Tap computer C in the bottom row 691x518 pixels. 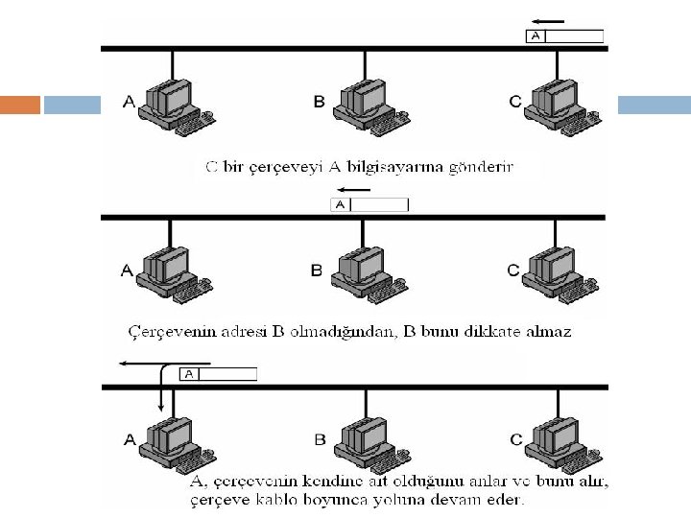tap(555, 441)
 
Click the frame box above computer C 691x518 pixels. tap(565, 36)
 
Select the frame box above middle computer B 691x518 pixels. tap(369, 204)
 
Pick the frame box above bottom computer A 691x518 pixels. tap(219, 374)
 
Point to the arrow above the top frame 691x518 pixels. tap(549, 20)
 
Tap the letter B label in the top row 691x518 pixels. tap(320, 101)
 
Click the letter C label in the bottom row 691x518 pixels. tap(515, 439)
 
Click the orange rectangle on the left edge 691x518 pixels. tap(20, 104)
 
